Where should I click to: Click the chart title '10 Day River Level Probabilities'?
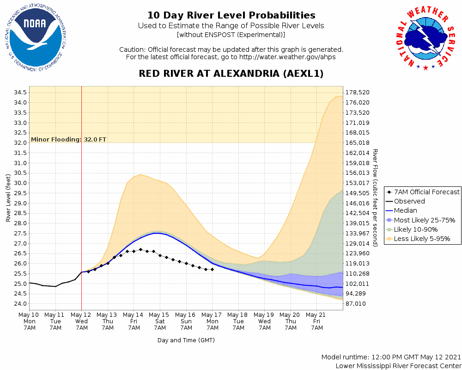[231, 16]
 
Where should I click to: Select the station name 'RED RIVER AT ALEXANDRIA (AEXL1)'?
[231, 74]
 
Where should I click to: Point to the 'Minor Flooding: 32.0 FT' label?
[68, 139]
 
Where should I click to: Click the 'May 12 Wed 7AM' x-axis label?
[82, 321]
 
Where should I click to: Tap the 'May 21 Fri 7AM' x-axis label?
[317, 321]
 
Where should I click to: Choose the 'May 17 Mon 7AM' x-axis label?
[213, 321]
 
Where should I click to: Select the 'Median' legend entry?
[405, 211]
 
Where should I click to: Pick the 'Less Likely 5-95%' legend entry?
[422, 239]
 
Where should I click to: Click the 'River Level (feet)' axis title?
[8, 198]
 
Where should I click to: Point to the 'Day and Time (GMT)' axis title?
[186, 340]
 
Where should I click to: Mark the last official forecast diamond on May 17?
[212, 269]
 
